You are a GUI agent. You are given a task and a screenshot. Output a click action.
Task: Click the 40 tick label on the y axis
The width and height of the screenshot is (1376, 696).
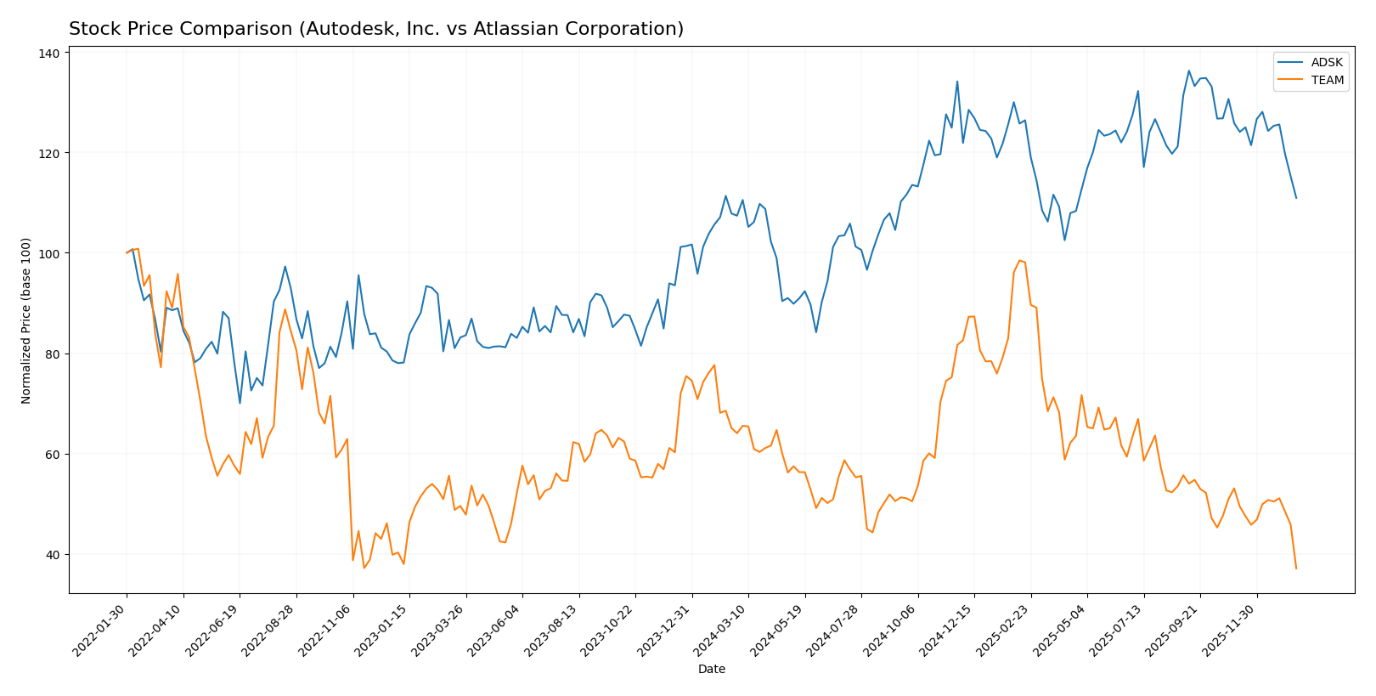coord(53,555)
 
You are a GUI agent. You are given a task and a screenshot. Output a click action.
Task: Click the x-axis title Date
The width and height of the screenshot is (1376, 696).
coord(712,670)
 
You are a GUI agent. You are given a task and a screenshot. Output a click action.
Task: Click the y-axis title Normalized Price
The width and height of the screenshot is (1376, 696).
coord(26,320)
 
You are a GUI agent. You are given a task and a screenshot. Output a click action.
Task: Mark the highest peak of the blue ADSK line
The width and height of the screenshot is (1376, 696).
coord(1188,71)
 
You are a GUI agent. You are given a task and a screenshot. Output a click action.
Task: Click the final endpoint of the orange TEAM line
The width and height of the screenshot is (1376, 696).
coord(1296,569)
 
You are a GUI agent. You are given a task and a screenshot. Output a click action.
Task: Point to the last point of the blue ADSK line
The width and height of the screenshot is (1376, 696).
coord(1296,198)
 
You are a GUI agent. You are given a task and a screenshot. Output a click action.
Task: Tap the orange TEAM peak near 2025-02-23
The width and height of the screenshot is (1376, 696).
coord(1019,260)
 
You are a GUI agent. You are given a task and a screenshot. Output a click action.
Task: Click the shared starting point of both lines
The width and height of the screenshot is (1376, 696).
coord(127,253)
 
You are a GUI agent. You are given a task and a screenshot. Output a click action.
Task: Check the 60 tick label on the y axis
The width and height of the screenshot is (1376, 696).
coord(53,455)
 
